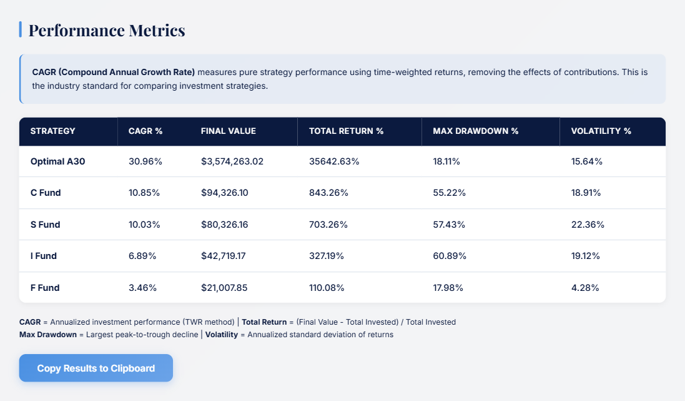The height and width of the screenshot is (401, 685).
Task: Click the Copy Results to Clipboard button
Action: (x=96, y=368)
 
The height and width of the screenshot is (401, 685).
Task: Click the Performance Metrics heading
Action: (x=107, y=30)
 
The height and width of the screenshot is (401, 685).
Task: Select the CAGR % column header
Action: (x=145, y=131)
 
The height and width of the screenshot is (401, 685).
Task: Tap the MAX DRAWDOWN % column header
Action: (x=476, y=131)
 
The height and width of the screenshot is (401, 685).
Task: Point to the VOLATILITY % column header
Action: (x=601, y=131)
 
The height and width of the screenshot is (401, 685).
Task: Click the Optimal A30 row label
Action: (x=57, y=161)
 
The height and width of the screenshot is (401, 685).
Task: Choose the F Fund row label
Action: (x=45, y=288)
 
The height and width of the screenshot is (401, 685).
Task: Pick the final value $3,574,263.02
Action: (x=232, y=161)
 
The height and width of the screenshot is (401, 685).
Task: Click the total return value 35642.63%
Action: (x=334, y=161)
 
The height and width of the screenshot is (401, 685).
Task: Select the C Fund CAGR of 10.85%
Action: (x=144, y=193)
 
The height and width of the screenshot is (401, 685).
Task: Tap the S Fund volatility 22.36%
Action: (x=588, y=224)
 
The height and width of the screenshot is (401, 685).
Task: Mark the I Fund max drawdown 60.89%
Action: (x=450, y=256)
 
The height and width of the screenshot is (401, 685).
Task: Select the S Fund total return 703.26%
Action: (x=328, y=224)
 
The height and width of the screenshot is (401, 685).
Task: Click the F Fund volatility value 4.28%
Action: (x=585, y=288)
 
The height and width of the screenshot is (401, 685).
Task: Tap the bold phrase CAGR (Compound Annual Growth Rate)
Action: (x=114, y=72)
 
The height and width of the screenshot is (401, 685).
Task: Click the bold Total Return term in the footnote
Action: (x=264, y=322)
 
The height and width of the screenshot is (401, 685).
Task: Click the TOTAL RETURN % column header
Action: (x=346, y=131)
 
